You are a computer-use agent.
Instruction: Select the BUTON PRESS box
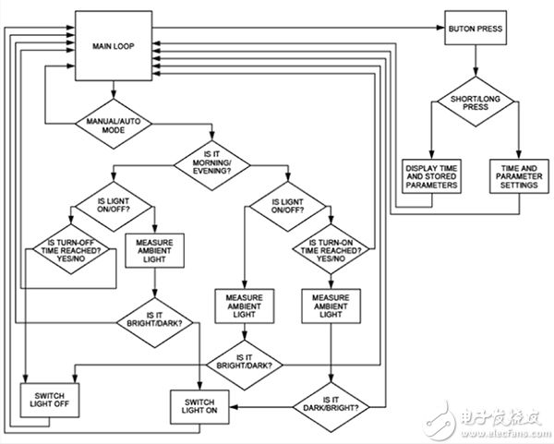[x=476, y=29]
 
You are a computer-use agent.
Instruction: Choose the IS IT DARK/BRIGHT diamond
[x=330, y=403]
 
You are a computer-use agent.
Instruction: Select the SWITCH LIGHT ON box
[x=200, y=405]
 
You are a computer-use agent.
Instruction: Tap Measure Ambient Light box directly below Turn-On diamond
[x=330, y=305]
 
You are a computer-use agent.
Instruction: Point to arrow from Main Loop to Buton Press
[x=295, y=29]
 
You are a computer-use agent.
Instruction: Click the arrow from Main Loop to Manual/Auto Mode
[x=113, y=90]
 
